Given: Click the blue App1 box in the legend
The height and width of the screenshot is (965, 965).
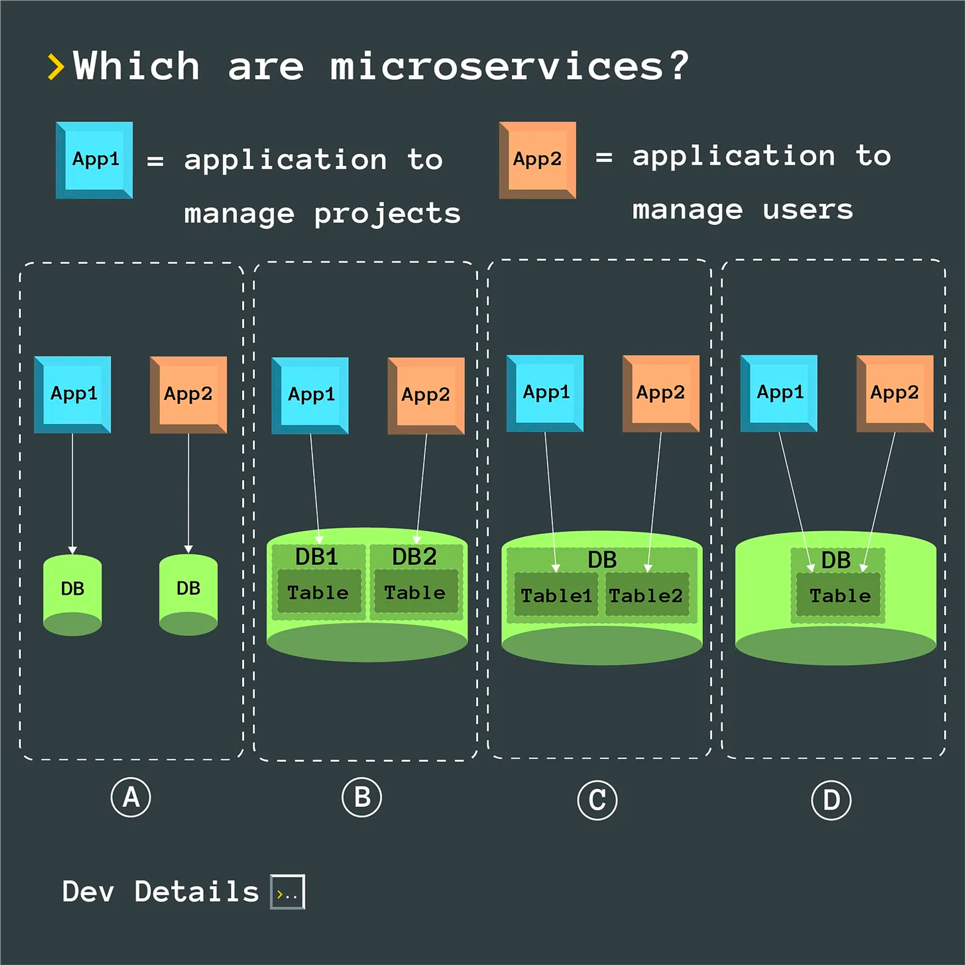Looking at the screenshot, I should pos(95,160).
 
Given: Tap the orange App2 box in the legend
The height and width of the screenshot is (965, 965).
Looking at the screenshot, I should pos(538,160).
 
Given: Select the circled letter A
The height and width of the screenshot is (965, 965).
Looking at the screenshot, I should pos(130,797).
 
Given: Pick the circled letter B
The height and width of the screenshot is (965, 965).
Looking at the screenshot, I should pos(361,797).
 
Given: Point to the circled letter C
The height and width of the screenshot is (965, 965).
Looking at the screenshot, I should pos(597,800).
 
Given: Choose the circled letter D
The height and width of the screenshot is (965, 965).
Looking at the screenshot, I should pos(831,800).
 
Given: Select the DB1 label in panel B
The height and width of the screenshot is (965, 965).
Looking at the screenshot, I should pos(317,556).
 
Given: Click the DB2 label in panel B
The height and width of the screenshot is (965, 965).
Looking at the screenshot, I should pos(414,556).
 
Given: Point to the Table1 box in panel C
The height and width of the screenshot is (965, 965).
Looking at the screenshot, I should pos(556,595).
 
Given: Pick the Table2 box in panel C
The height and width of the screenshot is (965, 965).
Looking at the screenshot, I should pos(647,595).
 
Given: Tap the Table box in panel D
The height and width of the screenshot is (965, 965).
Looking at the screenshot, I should pos(839,595).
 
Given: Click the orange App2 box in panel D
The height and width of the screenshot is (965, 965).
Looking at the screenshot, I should pos(895,393).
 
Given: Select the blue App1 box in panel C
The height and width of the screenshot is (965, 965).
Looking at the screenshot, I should pos(545,393).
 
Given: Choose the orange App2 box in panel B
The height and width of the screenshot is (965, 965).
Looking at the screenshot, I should pos(426,396).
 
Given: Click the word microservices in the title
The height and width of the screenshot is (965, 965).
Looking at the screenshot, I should pos(496,66).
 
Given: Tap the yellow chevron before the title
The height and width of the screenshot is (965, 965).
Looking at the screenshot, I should pos(55,67).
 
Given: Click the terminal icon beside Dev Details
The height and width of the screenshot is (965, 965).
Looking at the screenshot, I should pos(287,892).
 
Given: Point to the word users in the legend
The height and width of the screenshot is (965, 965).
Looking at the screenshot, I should pos(808,210).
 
